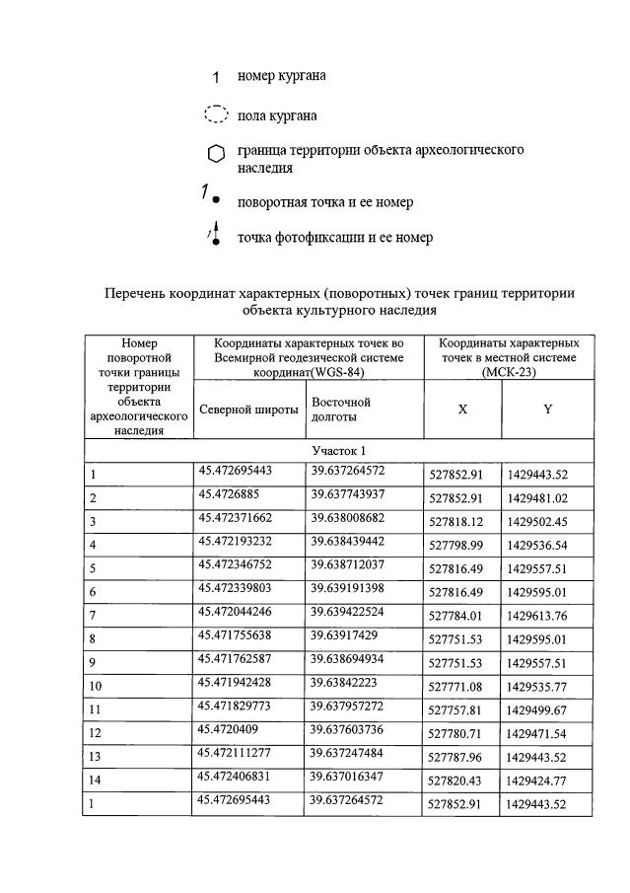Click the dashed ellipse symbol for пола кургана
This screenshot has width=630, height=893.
click(216, 115)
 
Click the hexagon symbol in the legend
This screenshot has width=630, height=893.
click(216, 155)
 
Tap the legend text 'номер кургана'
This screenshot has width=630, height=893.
click(281, 75)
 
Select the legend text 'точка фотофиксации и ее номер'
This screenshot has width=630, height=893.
click(334, 238)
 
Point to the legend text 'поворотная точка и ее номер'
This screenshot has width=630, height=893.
click(324, 201)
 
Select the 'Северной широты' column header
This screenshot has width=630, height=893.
click(248, 409)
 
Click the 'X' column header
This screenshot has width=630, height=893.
click(462, 409)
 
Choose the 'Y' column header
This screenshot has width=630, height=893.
click(548, 409)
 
